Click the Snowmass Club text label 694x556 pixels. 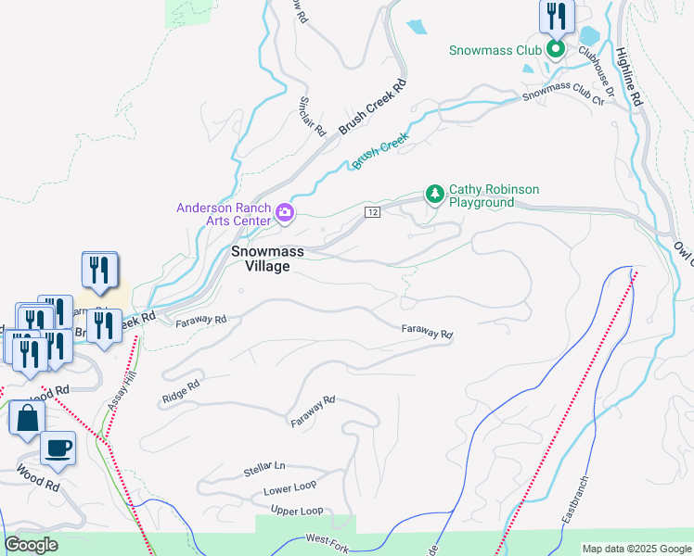tap(495, 51)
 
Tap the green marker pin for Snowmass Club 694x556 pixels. tap(556, 48)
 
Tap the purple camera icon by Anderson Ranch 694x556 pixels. tap(285, 215)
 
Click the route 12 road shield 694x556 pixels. tap(372, 212)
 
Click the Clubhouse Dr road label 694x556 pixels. tap(597, 72)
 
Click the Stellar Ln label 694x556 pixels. tap(264, 471)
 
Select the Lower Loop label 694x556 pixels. tap(289, 488)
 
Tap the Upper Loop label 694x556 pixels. tap(297, 511)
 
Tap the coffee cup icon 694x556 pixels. tap(58, 448)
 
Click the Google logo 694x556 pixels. tap(32, 544)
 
